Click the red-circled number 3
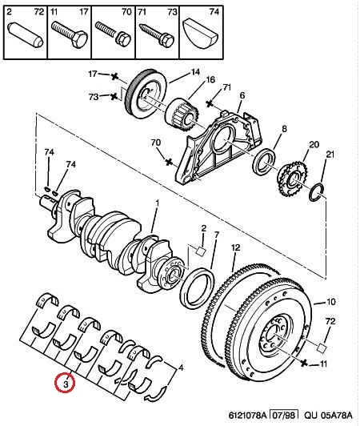[x=65, y=384]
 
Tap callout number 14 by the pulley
[x=195, y=72]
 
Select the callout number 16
[x=210, y=80]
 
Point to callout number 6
[x=242, y=95]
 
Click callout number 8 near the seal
[x=284, y=129]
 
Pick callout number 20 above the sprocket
[x=314, y=144]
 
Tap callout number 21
[x=330, y=155]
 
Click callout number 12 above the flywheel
[x=236, y=247]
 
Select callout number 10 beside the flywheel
[x=331, y=302]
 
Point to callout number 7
[x=216, y=234]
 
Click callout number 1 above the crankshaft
[x=157, y=203]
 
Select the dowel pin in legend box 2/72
[x=26, y=35]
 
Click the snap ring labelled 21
[x=317, y=192]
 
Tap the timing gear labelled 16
[x=182, y=115]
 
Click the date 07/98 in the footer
[x=283, y=416]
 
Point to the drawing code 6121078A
[x=247, y=416]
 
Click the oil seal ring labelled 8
[x=264, y=163]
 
